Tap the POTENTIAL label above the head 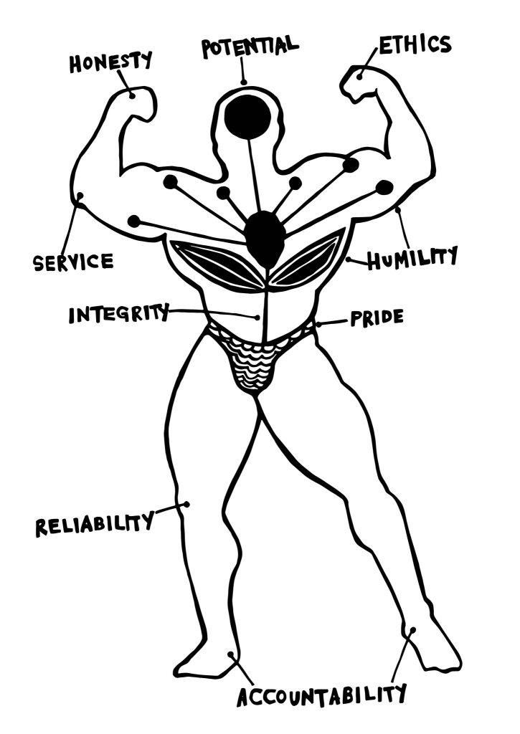pyautogui.click(x=250, y=46)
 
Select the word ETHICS pyautogui.click(x=415, y=44)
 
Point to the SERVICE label pyautogui.click(x=73, y=262)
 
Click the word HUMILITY pyautogui.click(x=412, y=258)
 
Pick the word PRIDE pyautogui.click(x=376, y=318)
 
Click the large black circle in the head pyautogui.click(x=247, y=117)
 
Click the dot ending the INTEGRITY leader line pyautogui.click(x=257, y=318)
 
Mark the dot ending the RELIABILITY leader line pyautogui.click(x=186, y=504)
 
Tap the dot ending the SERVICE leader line pyautogui.click(x=80, y=195)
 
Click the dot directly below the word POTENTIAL pyautogui.click(x=244, y=82)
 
